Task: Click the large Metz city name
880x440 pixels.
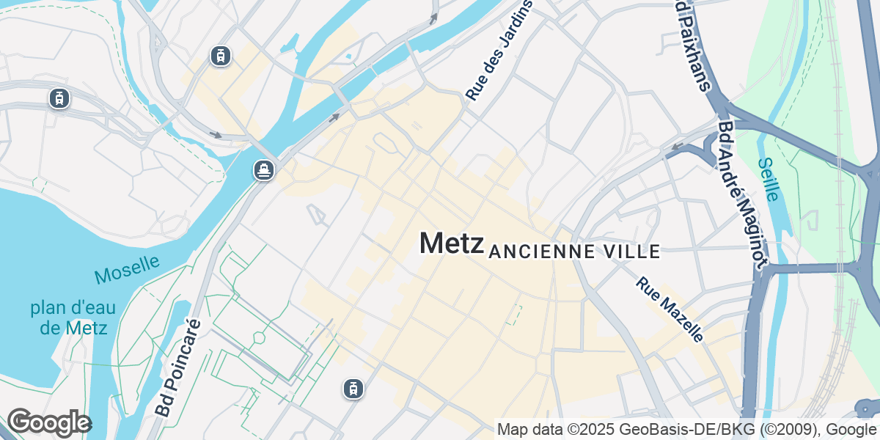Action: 451,243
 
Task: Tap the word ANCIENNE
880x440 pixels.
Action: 540,252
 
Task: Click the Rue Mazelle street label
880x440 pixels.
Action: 670,309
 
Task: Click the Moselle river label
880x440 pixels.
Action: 127,269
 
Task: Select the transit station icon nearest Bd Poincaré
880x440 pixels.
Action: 353,389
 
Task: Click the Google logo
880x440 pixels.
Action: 48,423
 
